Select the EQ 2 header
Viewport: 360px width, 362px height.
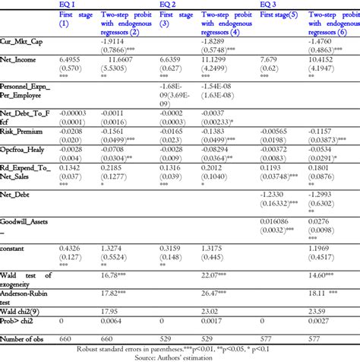click(x=168, y=4)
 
